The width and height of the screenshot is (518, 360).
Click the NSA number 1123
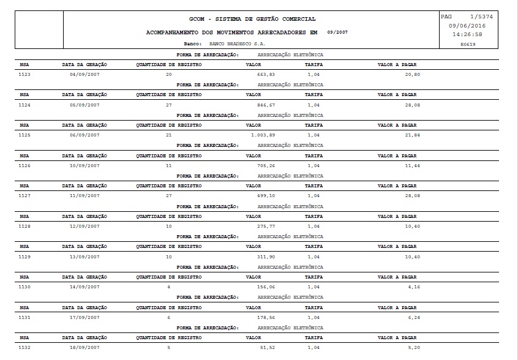pos(24,75)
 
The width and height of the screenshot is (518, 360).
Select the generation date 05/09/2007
pos(84,105)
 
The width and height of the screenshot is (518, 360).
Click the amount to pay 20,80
pos(412,75)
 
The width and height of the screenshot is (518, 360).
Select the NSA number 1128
pos(24,226)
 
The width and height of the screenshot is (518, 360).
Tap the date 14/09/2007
pos(84,287)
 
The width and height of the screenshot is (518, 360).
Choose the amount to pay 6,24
pos(413,317)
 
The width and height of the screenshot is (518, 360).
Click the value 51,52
pos(268,347)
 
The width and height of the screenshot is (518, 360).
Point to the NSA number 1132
pos(24,347)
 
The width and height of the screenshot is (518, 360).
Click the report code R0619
pos(468,44)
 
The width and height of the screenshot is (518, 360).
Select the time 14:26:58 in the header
pos(467,34)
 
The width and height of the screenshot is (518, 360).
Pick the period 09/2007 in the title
pos(337,31)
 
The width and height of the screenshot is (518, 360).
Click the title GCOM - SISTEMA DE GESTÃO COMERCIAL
pos(253,19)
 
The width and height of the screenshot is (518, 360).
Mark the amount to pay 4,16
pos(413,287)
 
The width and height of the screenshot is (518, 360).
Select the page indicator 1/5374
pos(481,17)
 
